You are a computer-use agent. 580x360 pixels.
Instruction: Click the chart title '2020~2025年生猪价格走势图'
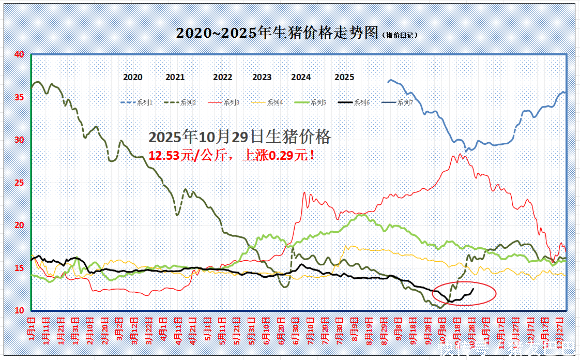coord(278,33)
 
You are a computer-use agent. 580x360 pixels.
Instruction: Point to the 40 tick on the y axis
coord(19,54)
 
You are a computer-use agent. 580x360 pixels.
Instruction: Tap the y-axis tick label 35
coord(19,97)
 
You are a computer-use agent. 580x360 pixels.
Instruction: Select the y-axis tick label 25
coord(19,183)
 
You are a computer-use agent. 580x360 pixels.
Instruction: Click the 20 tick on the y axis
coord(19,226)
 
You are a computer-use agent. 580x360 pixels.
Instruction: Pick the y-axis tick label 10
coord(19,310)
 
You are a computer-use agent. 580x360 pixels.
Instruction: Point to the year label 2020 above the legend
coord(132,78)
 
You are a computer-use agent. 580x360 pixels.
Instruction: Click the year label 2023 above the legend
coord(262,78)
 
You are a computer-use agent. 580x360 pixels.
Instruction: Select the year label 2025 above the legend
coord(344,78)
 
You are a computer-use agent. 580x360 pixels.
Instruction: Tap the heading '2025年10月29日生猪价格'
coord(239,137)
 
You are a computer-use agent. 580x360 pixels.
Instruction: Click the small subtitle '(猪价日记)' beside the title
coord(400,35)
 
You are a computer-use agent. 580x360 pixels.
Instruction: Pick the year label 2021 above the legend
coord(175,78)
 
